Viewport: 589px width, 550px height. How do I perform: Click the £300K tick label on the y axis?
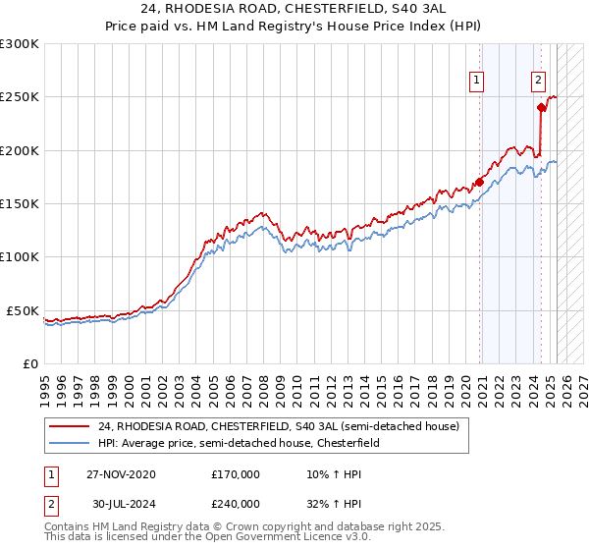(x=20, y=44)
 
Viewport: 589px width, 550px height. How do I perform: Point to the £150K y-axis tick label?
(x=20, y=204)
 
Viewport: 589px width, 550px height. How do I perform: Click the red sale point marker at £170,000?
(x=479, y=182)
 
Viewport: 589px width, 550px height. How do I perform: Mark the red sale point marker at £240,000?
(x=541, y=108)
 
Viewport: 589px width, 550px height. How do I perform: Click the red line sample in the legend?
(x=69, y=427)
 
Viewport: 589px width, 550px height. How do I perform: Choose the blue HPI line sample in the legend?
(x=69, y=444)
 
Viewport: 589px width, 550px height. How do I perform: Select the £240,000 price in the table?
(x=236, y=504)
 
